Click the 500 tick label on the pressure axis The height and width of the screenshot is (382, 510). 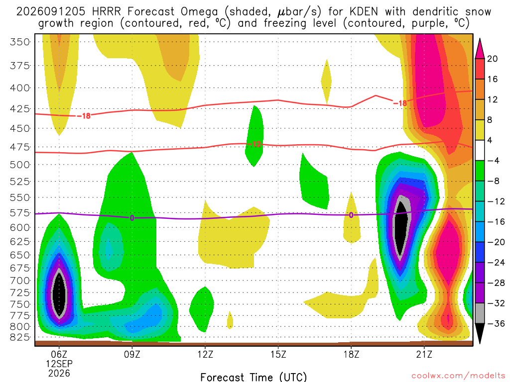[20, 165]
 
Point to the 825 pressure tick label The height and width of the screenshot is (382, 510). [20, 338]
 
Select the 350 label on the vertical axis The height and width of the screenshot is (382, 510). [20, 42]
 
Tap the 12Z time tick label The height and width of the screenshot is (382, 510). [205, 354]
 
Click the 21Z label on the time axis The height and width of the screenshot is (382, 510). [424, 354]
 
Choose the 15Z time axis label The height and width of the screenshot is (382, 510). [278, 354]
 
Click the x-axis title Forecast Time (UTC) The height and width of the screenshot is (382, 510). [254, 377]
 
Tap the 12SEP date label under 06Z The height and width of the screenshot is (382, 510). [59, 364]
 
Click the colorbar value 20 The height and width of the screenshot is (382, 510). [492, 59]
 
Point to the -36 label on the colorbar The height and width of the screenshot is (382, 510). [496, 323]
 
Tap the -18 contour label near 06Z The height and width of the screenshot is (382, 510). [84, 116]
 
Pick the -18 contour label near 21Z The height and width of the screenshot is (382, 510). [400, 103]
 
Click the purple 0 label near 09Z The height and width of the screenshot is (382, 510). [131, 218]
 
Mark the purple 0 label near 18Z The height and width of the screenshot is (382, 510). [351, 215]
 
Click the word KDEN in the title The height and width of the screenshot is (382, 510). [364, 12]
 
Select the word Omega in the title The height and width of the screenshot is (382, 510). [199, 12]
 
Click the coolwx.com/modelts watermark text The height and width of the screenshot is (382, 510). [458, 376]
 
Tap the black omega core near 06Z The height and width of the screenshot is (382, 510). [59, 293]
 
